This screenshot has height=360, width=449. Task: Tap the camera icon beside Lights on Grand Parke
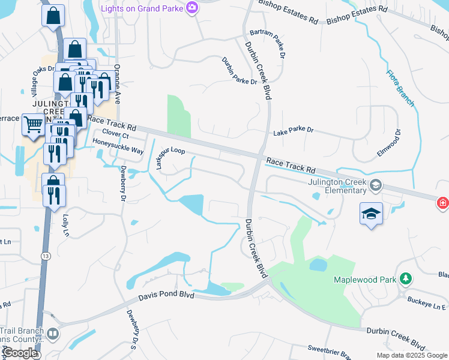(x=192, y=7)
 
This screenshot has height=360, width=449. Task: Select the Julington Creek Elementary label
(x=337, y=187)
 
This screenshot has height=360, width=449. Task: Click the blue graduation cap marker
(x=372, y=214)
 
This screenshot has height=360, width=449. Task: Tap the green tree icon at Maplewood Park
(x=406, y=279)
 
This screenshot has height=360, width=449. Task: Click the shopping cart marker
(x=32, y=125)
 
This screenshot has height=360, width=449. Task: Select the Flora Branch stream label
(x=400, y=88)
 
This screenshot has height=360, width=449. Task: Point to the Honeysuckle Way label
(x=118, y=146)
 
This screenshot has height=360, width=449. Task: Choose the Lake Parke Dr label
(x=294, y=130)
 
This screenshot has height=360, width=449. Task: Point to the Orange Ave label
(x=118, y=83)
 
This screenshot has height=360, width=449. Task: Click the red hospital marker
(x=443, y=203)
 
